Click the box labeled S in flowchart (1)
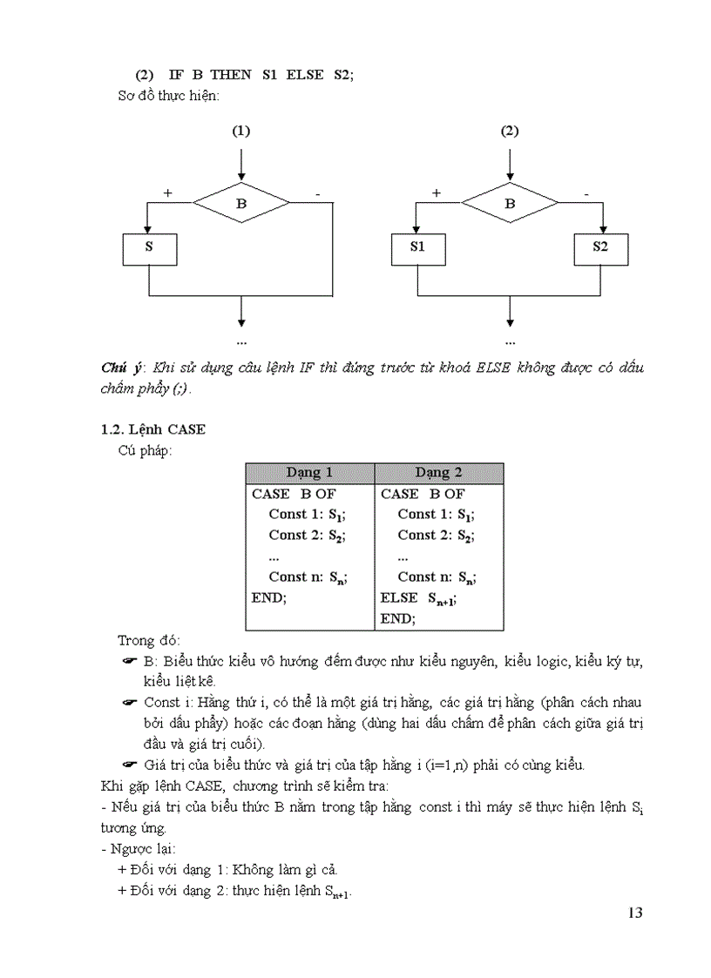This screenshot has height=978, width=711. pyautogui.click(x=149, y=247)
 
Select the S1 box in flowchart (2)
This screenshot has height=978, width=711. pyautogui.click(x=417, y=247)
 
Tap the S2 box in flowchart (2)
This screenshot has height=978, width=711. pyautogui.click(x=600, y=247)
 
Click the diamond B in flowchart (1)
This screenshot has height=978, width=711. pyautogui.click(x=241, y=204)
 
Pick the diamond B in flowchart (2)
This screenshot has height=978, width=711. pyautogui.click(x=510, y=204)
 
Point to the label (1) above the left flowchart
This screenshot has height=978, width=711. pyautogui.click(x=241, y=132)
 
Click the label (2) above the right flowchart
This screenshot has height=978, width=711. pyautogui.click(x=510, y=132)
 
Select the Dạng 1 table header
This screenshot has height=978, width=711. pyautogui.click(x=309, y=473)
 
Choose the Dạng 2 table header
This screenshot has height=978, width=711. pyautogui.click(x=438, y=473)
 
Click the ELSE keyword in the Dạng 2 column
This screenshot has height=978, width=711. pyautogui.click(x=399, y=598)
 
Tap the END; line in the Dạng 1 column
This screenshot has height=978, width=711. pyautogui.click(x=269, y=598)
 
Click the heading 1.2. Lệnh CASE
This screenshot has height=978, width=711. pyautogui.click(x=153, y=429)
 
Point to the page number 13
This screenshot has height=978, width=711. pyautogui.click(x=634, y=913)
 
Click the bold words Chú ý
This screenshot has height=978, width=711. pyautogui.click(x=120, y=368)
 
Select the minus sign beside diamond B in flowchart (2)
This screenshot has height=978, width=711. pyautogui.click(x=586, y=192)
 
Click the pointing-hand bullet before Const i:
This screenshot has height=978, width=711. pyautogui.click(x=131, y=702)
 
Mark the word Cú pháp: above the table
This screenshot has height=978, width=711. pyautogui.click(x=145, y=450)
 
